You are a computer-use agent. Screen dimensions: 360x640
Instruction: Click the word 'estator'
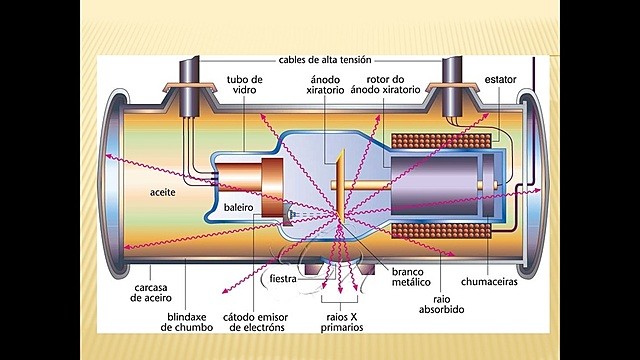[499, 78]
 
